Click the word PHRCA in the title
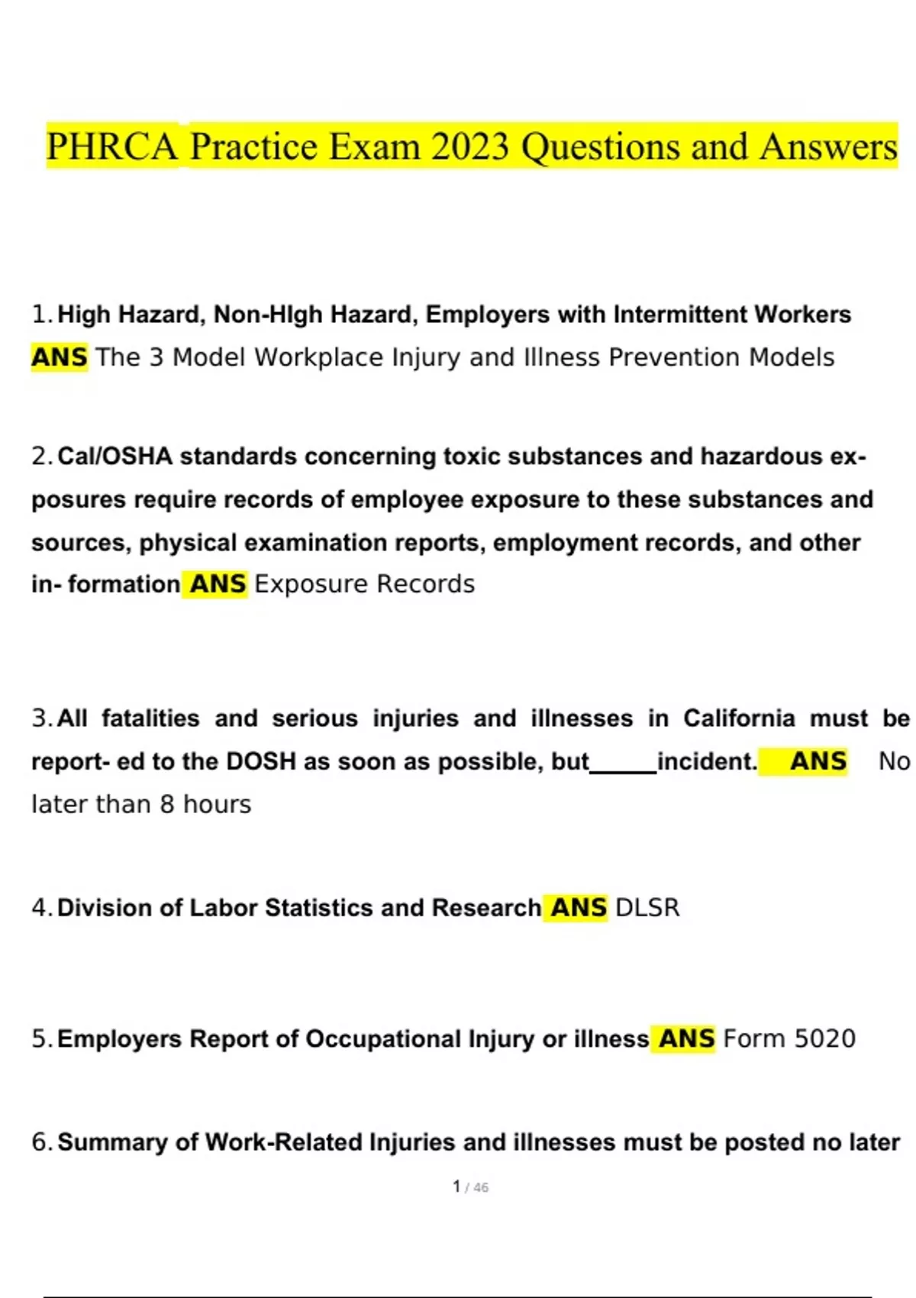[112, 147]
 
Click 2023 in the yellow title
[469, 147]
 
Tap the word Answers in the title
[828, 147]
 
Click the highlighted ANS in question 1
[60, 357]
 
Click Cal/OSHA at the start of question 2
[114, 457]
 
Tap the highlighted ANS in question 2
[218, 584]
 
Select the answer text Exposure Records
[364, 584]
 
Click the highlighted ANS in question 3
[818, 761]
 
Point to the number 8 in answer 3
[167, 804]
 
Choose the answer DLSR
[647, 908]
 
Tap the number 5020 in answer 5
[825, 1039]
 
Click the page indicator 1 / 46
[470, 1187]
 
